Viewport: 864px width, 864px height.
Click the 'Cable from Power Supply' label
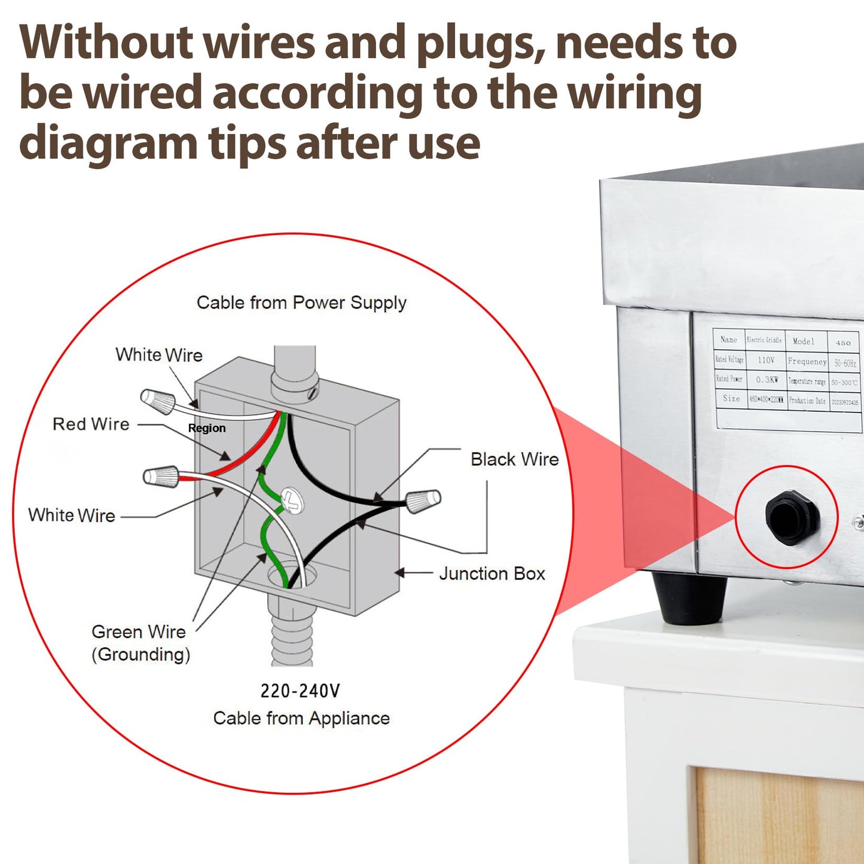[x=301, y=303]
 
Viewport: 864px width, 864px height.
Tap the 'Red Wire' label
[x=91, y=425]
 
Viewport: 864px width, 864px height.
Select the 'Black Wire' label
[x=514, y=459]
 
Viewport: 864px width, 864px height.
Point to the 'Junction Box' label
[x=491, y=573]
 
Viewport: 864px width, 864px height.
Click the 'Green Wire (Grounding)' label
[x=141, y=643]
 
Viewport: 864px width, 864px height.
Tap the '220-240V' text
[x=300, y=691]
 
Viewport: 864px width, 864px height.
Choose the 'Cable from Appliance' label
[x=301, y=718]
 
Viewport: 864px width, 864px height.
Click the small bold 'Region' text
[x=207, y=428]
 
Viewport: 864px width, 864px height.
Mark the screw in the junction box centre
[x=292, y=500]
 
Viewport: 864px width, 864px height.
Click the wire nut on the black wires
[x=423, y=500]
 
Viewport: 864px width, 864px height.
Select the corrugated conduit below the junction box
[x=292, y=631]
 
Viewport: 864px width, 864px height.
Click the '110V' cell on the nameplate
[x=766, y=360]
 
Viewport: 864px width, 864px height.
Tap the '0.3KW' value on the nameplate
[x=767, y=380]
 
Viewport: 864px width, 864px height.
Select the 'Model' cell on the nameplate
[x=804, y=341]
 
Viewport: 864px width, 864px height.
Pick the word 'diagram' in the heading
[x=108, y=144]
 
